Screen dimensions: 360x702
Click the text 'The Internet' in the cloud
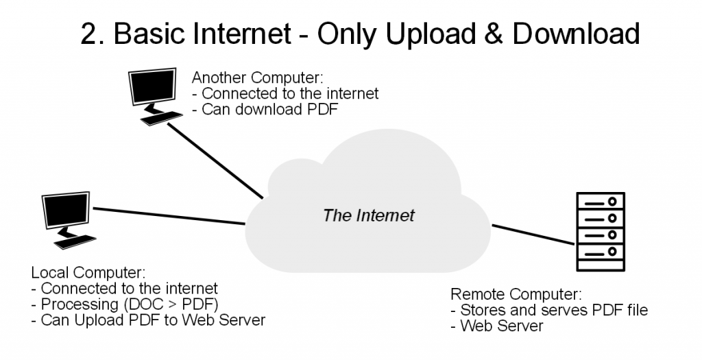[x=369, y=215]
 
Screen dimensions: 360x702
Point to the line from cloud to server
[x=531, y=234]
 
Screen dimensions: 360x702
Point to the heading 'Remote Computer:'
[x=516, y=295]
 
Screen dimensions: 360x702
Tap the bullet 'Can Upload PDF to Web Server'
[x=148, y=320]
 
